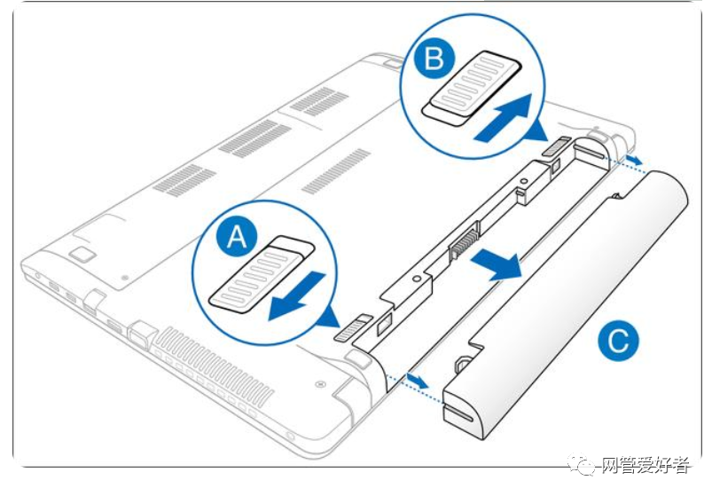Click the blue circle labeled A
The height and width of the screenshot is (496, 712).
[236, 238]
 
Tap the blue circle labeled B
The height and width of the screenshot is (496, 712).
[434, 59]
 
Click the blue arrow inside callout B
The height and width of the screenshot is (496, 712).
[507, 120]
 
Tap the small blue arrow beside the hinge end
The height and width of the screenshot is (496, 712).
[631, 161]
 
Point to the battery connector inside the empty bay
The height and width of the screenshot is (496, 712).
[464, 242]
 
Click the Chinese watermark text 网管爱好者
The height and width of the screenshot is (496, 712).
[643, 465]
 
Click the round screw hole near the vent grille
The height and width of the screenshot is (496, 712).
[317, 385]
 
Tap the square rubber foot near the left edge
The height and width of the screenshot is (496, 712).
[82, 254]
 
